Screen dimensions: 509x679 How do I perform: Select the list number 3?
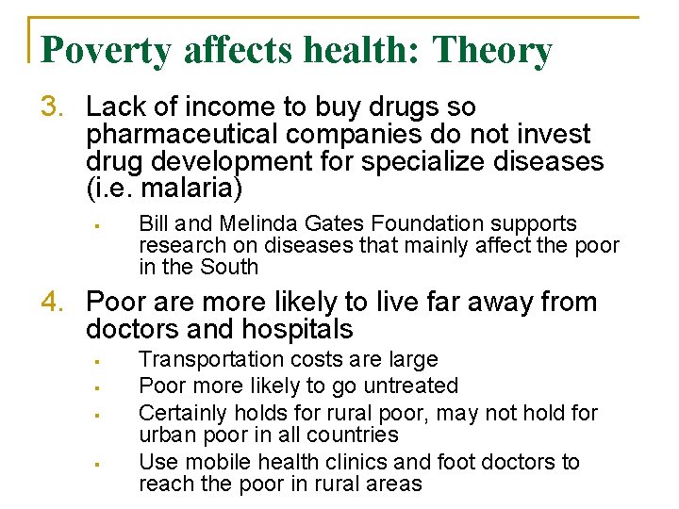tap(51, 107)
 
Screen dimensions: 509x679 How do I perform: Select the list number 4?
tap(51, 303)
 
